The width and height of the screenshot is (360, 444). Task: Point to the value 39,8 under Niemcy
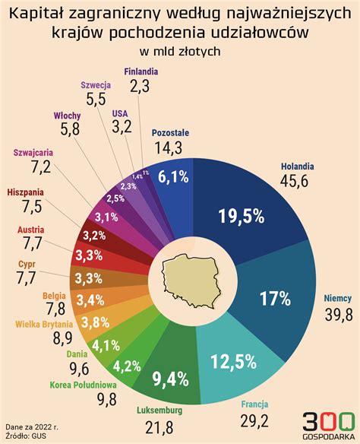point(338,315)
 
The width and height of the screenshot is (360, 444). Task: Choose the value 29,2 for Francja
point(255,420)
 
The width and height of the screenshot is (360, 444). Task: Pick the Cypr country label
point(26,265)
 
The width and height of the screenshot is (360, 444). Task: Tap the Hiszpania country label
point(25,192)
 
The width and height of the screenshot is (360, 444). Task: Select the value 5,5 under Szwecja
point(96,99)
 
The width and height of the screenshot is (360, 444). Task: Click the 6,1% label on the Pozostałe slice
point(172,176)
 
